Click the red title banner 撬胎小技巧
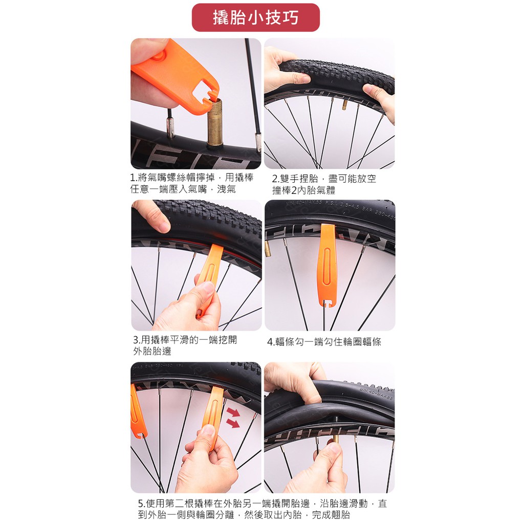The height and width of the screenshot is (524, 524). point(256,17)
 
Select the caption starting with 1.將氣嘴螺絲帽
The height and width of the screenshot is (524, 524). point(192,183)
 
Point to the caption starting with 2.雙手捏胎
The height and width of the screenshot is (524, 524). point(324,184)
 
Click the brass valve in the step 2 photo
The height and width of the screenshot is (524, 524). point(344,104)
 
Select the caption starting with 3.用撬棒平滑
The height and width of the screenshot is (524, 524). point(185,345)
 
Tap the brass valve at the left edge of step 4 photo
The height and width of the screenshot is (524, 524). point(267,249)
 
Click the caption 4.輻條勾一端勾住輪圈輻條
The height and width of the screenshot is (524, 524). point(324,341)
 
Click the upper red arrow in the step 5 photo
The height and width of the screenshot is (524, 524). point(233,412)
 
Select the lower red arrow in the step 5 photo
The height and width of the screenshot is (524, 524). point(233,423)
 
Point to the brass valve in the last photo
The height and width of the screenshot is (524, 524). point(336,439)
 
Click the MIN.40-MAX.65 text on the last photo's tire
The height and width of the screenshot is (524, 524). point(377,395)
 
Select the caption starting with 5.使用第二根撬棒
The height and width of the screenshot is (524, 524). point(263,509)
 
